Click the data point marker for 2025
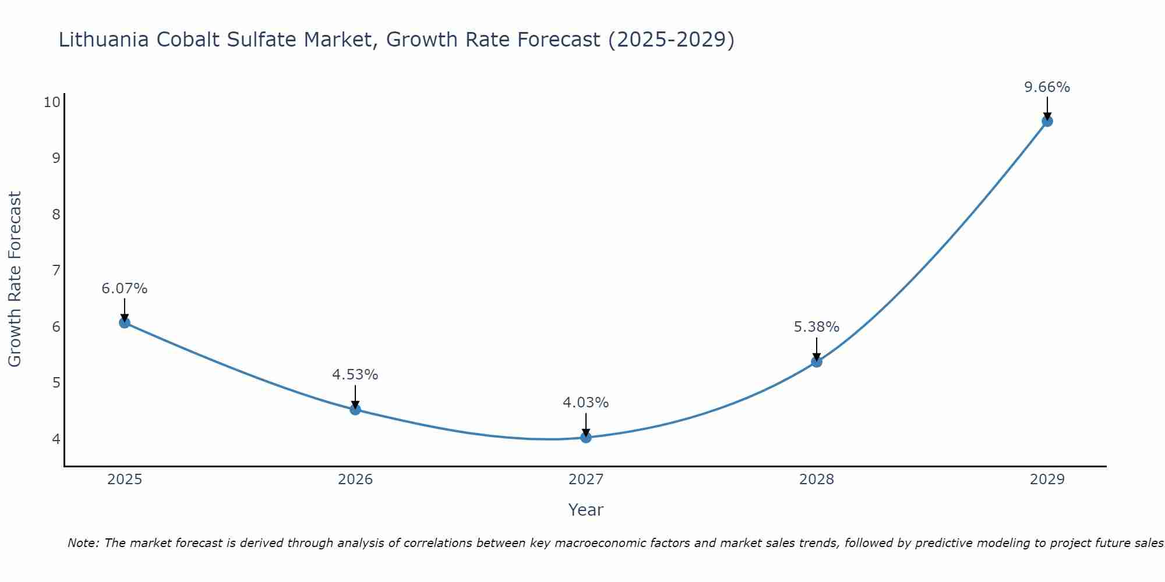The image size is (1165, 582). tap(125, 322)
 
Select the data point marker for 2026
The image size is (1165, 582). tap(355, 409)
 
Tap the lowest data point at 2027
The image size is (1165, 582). tap(586, 437)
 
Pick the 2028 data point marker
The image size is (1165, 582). tap(817, 361)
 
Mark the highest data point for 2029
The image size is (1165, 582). tap(1047, 121)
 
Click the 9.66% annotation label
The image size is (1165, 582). tap(1047, 87)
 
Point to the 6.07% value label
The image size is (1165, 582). tap(125, 289)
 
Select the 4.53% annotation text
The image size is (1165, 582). tap(355, 375)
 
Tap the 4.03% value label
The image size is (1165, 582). tap(586, 403)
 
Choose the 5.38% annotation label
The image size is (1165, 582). tap(817, 327)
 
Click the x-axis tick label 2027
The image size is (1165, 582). tap(586, 480)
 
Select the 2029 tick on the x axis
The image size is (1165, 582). tap(1047, 480)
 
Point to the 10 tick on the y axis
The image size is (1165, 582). tap(52, 102)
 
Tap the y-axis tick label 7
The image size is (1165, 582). tap(56, 271)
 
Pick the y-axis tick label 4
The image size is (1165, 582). tap(56, 439)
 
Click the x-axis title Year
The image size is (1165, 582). tap(586, 510)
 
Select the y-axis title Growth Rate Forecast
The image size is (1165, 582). tap(15, 279)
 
